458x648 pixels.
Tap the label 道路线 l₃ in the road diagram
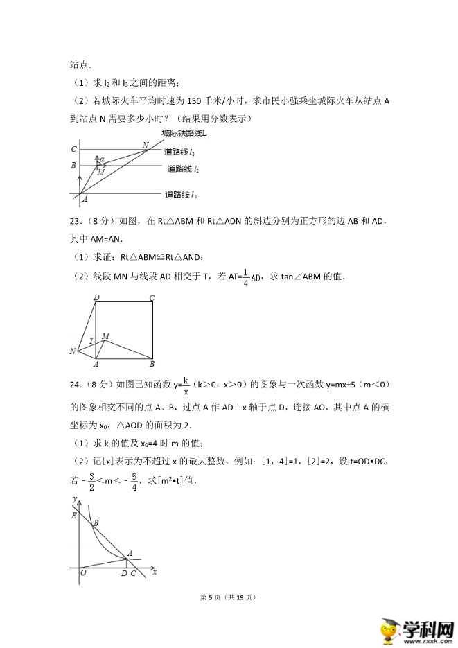tap(181, 152)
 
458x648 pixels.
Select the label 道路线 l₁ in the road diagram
tap(182, 195)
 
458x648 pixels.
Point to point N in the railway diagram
tap(146, 145)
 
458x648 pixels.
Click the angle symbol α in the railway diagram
tap(102, 159)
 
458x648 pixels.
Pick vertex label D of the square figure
tap(96, 298)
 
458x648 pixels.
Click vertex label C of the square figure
tap(152, 298)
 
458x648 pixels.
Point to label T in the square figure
tap(91, 340)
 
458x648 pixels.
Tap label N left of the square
tap(73, 351)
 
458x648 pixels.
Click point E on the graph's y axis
tap(73, 514)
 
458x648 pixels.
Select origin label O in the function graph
tap(82, 573)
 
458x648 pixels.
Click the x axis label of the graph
tap(155, 572)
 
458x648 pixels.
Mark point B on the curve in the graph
tap(95, 524)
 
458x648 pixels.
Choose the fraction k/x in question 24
tap(186, 385)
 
